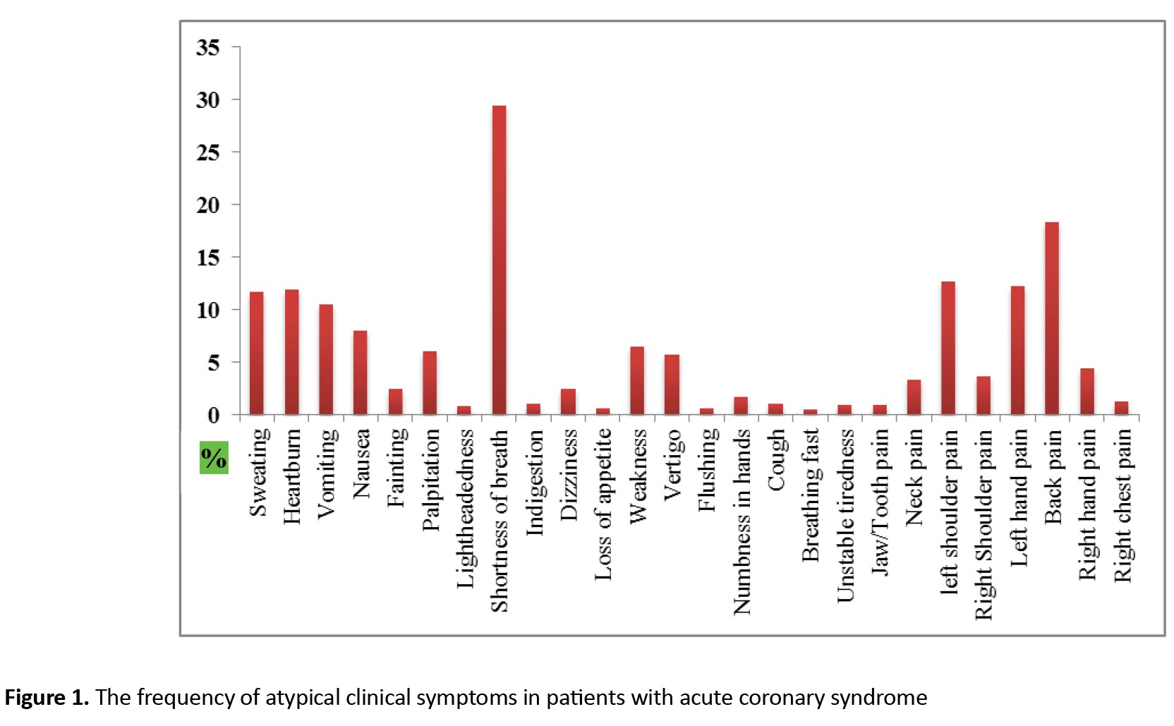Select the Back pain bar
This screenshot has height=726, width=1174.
(x=1051, y=318)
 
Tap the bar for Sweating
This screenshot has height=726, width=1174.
(x=257, y=353)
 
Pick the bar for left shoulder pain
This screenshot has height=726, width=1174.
(x=948, y=348)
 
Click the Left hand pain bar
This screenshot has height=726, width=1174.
(x=1017, y=350)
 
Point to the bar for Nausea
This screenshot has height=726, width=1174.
(x=360, y=373)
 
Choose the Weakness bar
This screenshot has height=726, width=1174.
(x=636, y=380)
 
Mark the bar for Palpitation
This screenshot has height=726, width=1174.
(x=429, y=382)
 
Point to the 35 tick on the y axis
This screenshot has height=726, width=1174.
(x=208, y=47)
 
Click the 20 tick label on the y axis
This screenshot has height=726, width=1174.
(x=208, y=205)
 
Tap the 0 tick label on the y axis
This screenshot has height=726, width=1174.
(x=214, y=415)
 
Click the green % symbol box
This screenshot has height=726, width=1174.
(x=214, y=459)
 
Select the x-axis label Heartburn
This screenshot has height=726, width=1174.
(x=292, y=476)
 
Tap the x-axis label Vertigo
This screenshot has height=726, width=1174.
(x=672, y=464)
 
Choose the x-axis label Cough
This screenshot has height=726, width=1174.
(x=776, y=460)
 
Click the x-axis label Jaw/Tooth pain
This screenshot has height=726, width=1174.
(x=880, y=502)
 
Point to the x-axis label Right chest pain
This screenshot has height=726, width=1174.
(x=1122, y=505)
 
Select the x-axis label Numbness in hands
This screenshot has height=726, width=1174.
(x=742, y=522)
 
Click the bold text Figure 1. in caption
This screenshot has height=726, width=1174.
(x=47, y=698)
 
